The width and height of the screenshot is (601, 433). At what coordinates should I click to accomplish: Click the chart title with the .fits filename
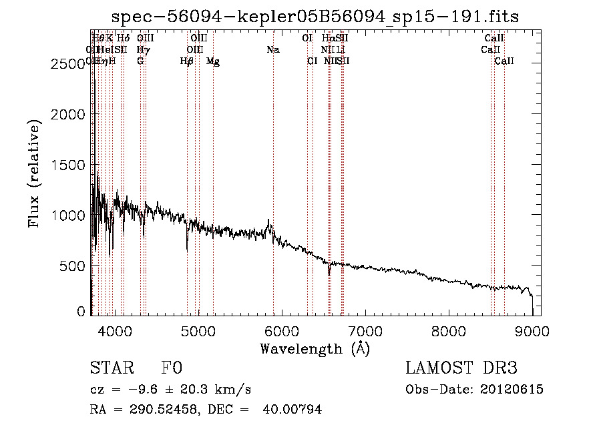(x=315, y=17)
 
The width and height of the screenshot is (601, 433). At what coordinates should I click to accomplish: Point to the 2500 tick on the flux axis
(x=69, y=64)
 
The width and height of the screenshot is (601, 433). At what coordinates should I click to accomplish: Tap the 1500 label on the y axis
(x=69, y=165)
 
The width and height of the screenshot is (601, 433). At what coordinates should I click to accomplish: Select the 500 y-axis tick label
(x=75, y=266)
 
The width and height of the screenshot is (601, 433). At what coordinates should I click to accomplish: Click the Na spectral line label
(x=272, y=50)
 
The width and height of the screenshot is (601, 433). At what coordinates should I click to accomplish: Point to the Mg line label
(x=213, y=61)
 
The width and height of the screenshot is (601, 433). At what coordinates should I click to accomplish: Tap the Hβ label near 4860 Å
(x=187, y=61)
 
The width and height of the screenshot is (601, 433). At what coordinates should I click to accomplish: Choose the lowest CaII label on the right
(x=504, y=61)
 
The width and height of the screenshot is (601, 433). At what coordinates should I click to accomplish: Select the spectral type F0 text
(x=172, y=369)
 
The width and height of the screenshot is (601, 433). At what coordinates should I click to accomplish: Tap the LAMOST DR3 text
(x=461, y=368)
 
